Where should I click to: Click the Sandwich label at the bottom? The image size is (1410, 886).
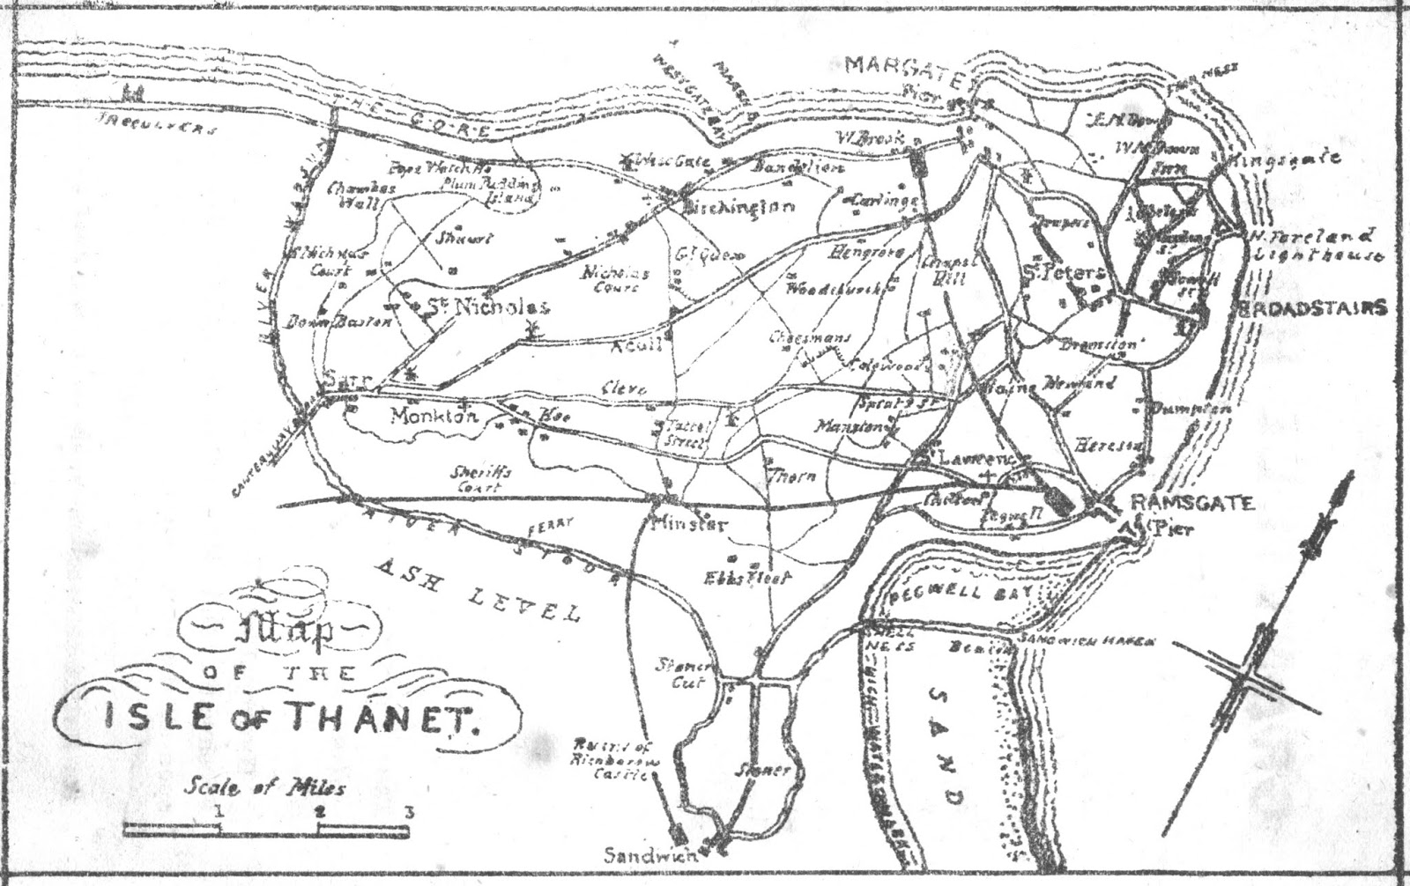click(x=650, y=854)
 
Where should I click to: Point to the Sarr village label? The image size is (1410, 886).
click(x=348, y=379)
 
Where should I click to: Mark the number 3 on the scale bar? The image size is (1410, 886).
click(x=408, y=812)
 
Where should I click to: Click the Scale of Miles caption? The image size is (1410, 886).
click(x=264, y=786)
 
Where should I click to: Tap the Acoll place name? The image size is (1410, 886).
click(x=636, y=345)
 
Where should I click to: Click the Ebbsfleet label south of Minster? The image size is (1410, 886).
click(x=748, y=579)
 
